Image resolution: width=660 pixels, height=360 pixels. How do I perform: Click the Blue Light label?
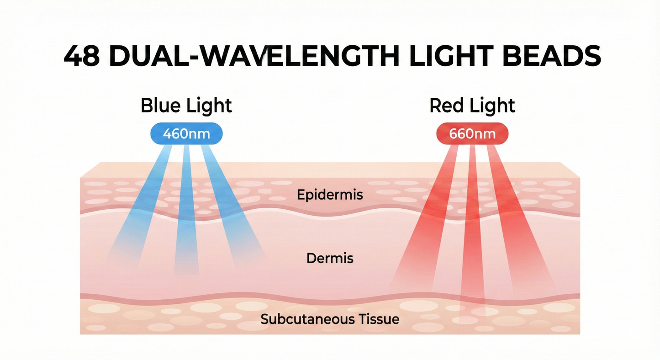[186, 106]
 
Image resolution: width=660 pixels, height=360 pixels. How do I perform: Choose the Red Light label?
[472, 106]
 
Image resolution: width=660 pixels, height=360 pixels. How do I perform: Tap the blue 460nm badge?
[186, 134]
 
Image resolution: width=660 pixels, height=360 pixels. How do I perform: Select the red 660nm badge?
[472, 134]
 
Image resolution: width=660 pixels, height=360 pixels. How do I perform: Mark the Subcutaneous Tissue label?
[330, 318]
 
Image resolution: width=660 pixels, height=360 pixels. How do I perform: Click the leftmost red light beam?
[425, 219]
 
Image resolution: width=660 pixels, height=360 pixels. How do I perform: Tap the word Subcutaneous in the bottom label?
[306, 318]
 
